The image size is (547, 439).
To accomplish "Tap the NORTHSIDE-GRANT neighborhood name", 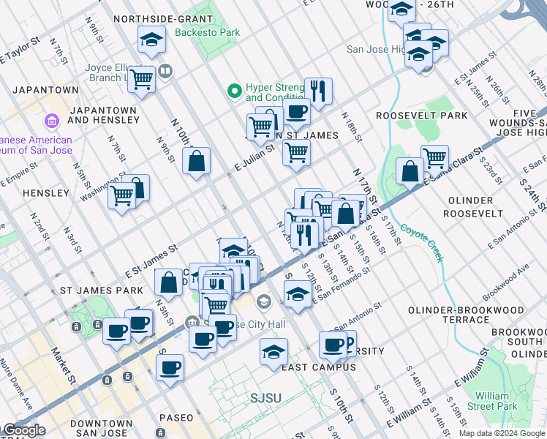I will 163,19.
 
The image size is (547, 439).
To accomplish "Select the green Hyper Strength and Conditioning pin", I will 234,91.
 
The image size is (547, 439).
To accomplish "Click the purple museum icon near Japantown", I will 51,120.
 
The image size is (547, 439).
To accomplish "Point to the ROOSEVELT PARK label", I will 421,116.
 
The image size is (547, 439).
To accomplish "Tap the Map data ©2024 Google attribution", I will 502,433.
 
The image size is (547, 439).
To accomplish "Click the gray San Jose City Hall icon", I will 263,301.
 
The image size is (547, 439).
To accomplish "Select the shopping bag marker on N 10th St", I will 197,162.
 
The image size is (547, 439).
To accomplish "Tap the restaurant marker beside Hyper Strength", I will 318,91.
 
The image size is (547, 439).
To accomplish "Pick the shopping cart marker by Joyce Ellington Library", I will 142,79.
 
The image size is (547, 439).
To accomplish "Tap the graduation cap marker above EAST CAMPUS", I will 273,353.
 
